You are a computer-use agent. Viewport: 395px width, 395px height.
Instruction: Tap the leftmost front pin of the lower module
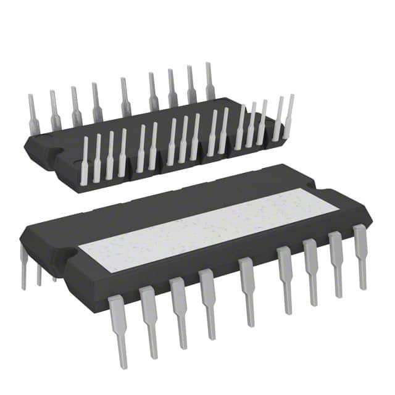click(x=118, y=327)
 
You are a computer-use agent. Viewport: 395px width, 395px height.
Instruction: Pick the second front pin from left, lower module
click(x=149, y=318)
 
